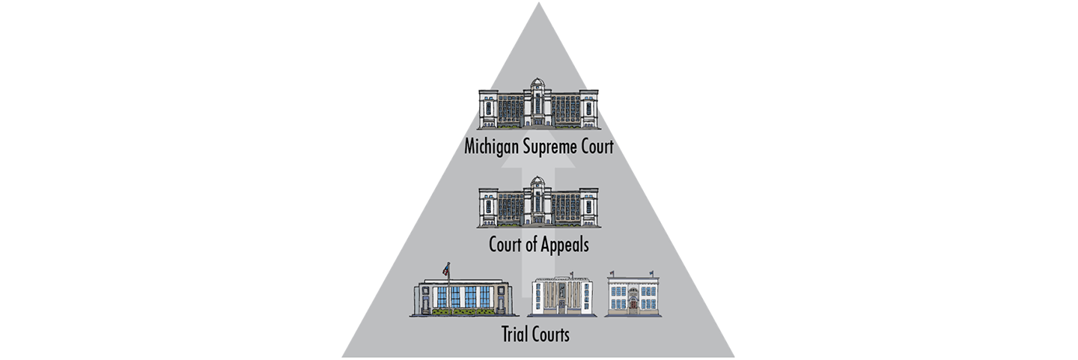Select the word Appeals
click(x=565, y=245)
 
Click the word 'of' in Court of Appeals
click(x=531, y=245)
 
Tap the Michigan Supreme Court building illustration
click(x=538, y=104)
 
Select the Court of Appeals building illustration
click(x=538, y=202)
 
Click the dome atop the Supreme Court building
click(x=538, y=85)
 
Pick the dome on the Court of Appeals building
click(x=538, y=183)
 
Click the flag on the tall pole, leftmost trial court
click(x=446, y=269)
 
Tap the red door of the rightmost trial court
click(x=633, y=303)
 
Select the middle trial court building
click(x=562, y=295)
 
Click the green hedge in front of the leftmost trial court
click(x=463, y=311)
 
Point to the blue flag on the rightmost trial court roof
click(x=651, y=273)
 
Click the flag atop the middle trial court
click(x=571, y=274)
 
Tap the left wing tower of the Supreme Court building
click(x=488, y=109)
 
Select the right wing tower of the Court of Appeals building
click(x=589, y=207)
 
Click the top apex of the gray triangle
click(x=538, y=2)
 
